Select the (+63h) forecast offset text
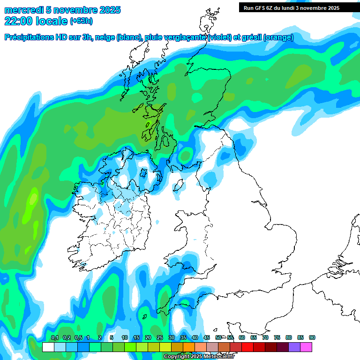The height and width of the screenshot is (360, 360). pyautogui.click(x=82, y=21)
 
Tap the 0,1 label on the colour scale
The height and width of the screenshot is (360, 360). pyautogui.click(x=54, y=338)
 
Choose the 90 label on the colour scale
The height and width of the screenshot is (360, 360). pyautogui.click(x=312, y=338)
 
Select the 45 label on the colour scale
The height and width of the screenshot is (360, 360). pyautogui.click(x=206, y=338)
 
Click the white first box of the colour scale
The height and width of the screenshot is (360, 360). pyautogui.click(x=48, y=347)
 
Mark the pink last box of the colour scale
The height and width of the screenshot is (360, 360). pyautogui.click(x=306, y=347)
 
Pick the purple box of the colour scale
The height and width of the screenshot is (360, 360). pyautogui.click(x=294, y=347)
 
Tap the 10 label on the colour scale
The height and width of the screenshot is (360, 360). pyautogui.click(x=124, y=338)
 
